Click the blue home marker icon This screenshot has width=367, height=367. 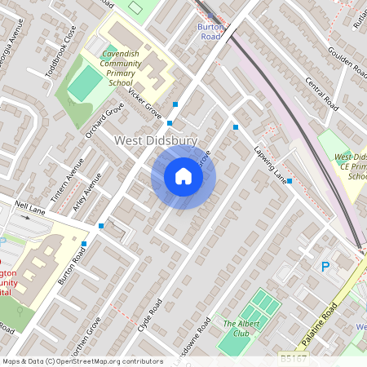183,175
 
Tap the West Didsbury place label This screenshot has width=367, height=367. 155,141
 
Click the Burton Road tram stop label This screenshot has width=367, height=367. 210,31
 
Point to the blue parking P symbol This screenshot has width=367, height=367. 325,267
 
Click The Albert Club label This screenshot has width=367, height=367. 241,329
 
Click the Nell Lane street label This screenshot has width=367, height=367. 29,210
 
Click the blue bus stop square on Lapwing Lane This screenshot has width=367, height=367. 290,181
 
